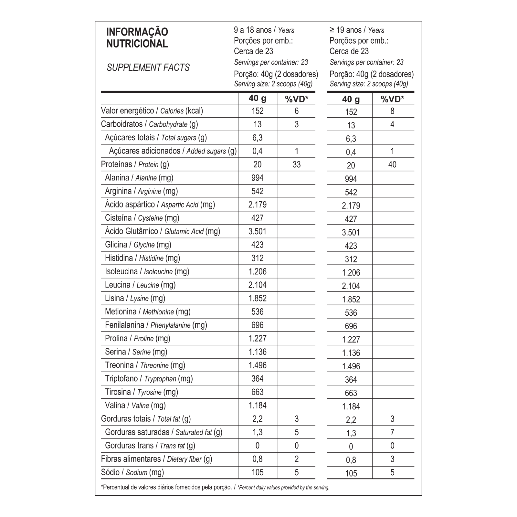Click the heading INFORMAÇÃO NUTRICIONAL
click(137, 38)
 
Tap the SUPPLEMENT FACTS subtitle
click(148, 68)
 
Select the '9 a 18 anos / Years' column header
click(264, 30)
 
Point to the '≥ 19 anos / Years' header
click(357, 30)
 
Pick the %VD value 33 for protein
click(296, 164)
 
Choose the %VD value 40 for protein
click(392, 164)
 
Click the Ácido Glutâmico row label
click(162, 231)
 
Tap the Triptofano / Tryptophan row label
click(149, 378)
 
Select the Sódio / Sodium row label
click(132, 472)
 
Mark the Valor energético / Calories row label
click(152, 111)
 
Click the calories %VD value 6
click(296, 111)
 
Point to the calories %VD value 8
click(392, 111)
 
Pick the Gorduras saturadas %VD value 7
click(392, 432)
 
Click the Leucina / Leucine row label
click(140, 285)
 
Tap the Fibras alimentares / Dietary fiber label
click(156, 459)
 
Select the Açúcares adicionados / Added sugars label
click(173, 151)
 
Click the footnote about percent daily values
click(215, 487)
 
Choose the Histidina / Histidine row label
click(142, 258)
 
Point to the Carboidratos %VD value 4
click(392, 124)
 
